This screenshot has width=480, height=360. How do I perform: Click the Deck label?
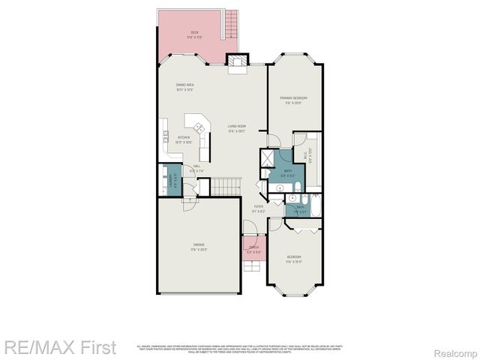(x=194, y=33)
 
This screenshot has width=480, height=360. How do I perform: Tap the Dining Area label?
(x=185, y=86)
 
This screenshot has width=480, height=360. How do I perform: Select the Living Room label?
(x=238, y=127)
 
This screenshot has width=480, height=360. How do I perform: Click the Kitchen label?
(x=183, y=139)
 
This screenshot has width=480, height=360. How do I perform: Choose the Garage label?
(x=199, y=247)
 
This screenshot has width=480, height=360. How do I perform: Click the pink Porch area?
(x=253, y=250)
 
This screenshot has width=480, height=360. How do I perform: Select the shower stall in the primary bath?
(x=266, y=157)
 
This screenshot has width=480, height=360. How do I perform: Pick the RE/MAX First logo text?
(x=60, y=348)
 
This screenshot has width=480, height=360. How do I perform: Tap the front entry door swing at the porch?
(x=250, y=229)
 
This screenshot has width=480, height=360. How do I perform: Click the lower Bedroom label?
(x=293, y=259)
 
